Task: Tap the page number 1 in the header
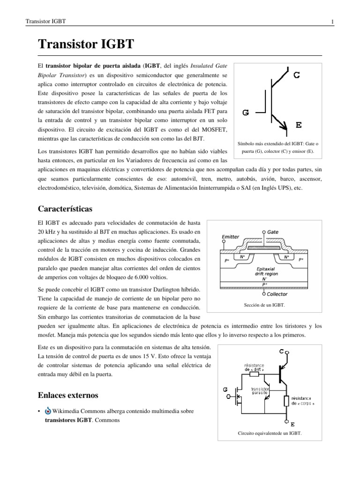(331, 22)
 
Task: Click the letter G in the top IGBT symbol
(246, 112)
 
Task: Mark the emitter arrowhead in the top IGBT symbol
(283, 125)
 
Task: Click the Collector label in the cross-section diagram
(278, 294)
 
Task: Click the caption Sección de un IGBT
(264, 305)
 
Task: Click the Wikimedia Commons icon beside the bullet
(47, 411)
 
